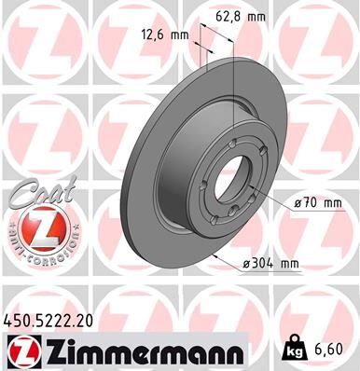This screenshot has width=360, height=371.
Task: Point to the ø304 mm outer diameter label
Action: (270, 264)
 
